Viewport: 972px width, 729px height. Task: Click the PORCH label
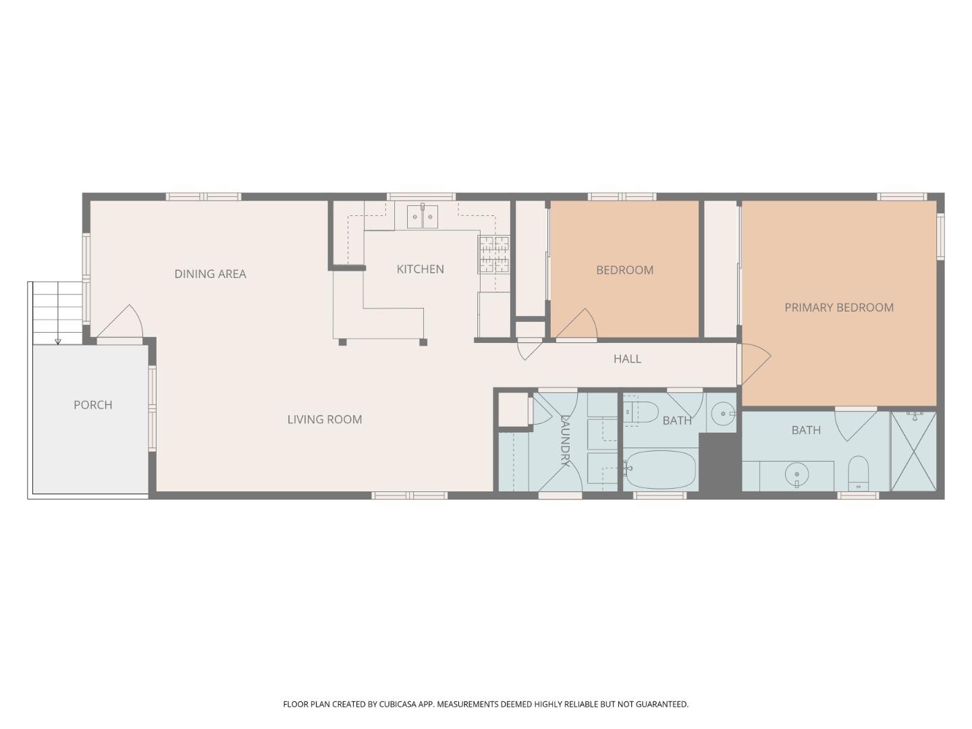tap(92, 405)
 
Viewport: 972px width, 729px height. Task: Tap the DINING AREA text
tap(210, 274)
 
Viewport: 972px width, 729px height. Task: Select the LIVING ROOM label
tap(325, 419)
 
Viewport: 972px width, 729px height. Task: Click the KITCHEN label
tap(420, 269)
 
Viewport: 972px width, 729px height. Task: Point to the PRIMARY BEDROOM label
tap(838, 308)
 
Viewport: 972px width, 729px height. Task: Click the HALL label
tap(627, 359)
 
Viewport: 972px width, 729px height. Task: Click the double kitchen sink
tap(423, 217)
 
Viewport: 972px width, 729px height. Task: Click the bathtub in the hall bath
tap(660, 469)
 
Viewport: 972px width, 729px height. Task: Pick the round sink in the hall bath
tap(723, 412)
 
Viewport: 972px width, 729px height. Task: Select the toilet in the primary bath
tap(858, 473)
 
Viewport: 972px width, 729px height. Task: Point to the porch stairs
tap(57, 313)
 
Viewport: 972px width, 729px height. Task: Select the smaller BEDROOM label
tap(624, 270)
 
